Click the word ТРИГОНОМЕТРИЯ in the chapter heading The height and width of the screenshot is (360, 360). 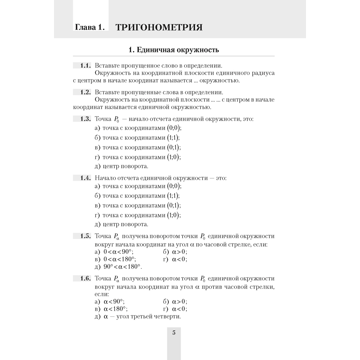coord(159,27)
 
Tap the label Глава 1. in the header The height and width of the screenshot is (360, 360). coord(90,27)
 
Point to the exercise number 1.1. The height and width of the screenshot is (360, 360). coord(85,66)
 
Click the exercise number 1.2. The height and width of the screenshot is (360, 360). coord(85,92)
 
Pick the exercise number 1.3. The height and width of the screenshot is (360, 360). coord(85,119)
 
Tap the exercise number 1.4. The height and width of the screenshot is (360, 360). coord(85,178)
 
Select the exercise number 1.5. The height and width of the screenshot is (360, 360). coord(85,236)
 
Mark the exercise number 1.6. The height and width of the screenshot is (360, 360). coord(85,279)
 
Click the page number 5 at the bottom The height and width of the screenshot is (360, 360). coord(174,333)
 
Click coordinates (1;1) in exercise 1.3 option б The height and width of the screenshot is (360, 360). coord(173,138)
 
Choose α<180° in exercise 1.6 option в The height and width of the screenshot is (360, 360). coord(116,309)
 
